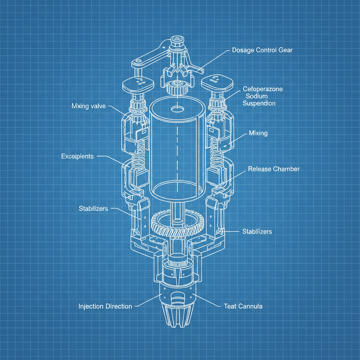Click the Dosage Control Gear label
click(x=262, y=50)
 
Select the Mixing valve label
click(x=88, y=106)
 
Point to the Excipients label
click(x=77, y=156)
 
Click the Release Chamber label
click(x=274, y=169)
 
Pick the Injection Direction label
click(x=105, y=306)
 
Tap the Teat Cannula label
click(x=243, y=306)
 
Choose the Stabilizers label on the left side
click(x=93, y=209)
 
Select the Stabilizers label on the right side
click(x=257, y=231)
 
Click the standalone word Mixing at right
click(x=258, y=133)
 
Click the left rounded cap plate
click(x=139, y=84)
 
